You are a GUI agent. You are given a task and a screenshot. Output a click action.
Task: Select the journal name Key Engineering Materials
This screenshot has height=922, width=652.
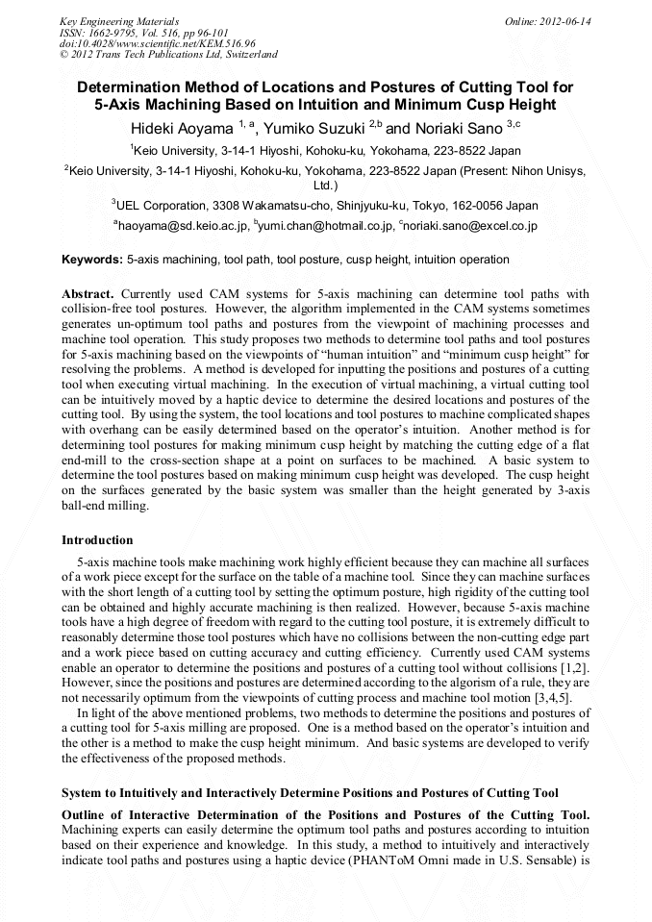[118, 20]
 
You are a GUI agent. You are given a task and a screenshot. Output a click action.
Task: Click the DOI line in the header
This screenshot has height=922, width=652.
[157, 43]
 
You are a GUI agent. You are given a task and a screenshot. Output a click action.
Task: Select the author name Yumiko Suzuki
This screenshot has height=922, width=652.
[313, 127]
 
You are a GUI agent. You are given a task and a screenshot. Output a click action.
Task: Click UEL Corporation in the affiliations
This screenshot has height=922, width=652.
[161, 205]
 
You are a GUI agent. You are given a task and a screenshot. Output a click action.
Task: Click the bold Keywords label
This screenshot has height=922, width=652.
[92, 260]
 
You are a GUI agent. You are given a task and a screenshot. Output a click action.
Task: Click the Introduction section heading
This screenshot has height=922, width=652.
[97, 540]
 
